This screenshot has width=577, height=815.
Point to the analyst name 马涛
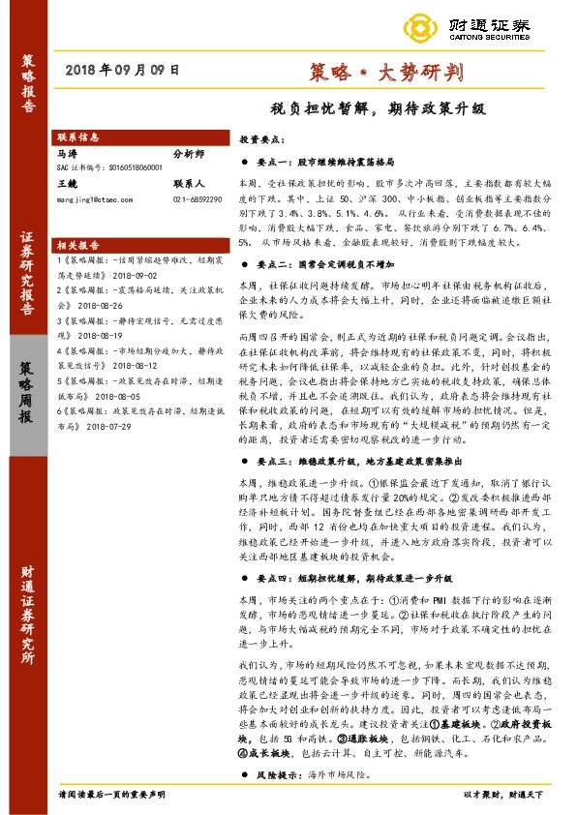pyautogui.click(x=67, y=153)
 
